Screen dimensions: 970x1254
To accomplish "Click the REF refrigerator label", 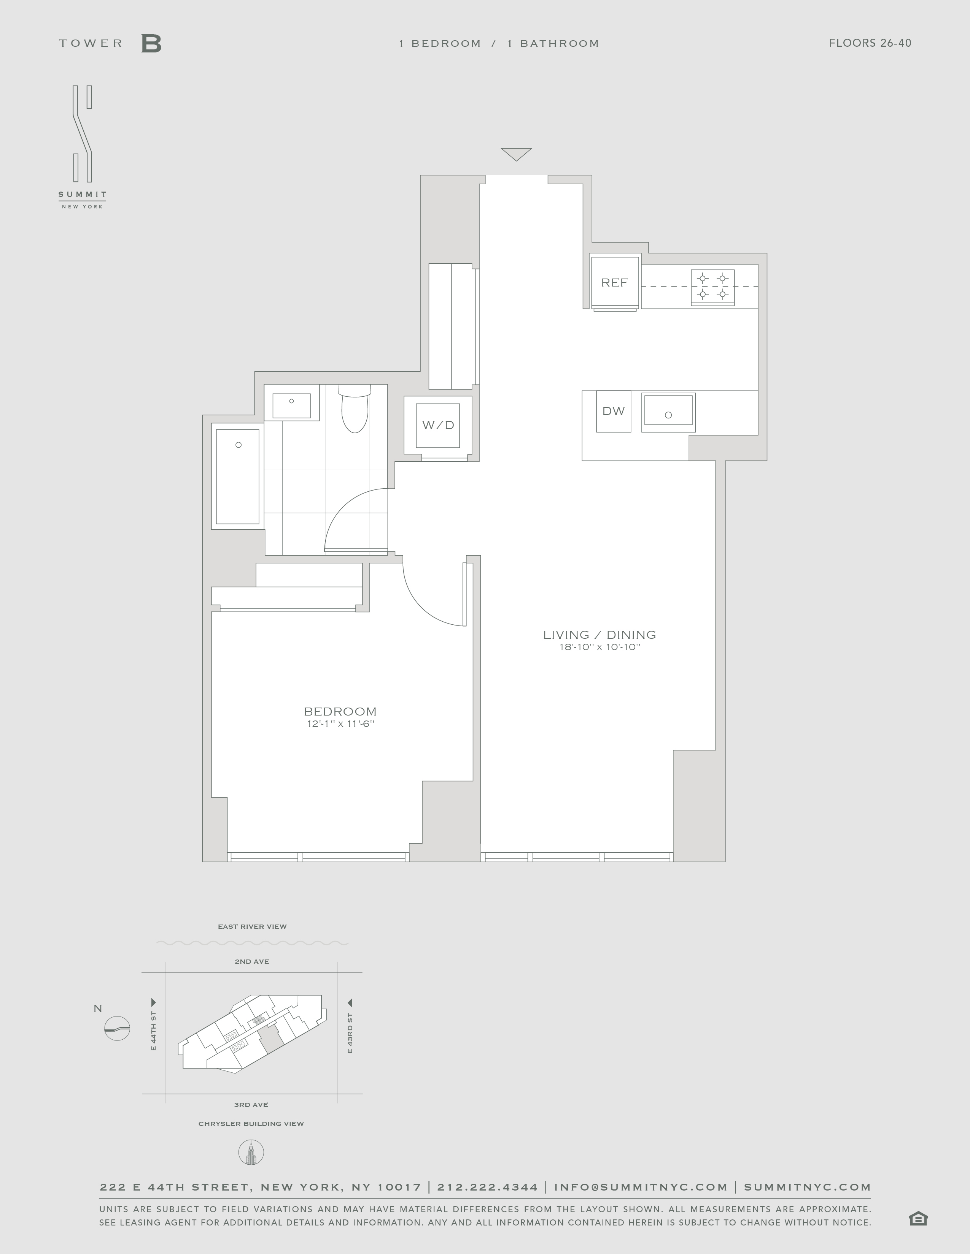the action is tap(614, 282).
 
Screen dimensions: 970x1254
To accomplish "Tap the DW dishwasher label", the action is tap(613, 411).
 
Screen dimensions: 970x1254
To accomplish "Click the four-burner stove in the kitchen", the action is tap(712, 287).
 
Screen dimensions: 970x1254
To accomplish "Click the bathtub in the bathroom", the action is tap(238, 477).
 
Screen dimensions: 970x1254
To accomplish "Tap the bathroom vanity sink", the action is tap(291, 405).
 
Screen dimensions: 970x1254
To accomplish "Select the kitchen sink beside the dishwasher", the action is tap(668, 412).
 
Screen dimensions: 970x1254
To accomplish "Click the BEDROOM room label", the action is tap(340, 711).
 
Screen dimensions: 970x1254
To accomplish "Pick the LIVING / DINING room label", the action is tap(599, 635).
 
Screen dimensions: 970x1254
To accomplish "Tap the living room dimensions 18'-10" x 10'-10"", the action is tap(600, 647).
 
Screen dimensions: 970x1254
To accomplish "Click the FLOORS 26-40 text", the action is tap(870, 43).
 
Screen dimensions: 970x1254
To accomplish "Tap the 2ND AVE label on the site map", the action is tap(252, 961).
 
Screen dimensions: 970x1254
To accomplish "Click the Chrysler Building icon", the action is tap(251, 1153).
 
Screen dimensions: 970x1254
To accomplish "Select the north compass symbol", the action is tap(117, 1028).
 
